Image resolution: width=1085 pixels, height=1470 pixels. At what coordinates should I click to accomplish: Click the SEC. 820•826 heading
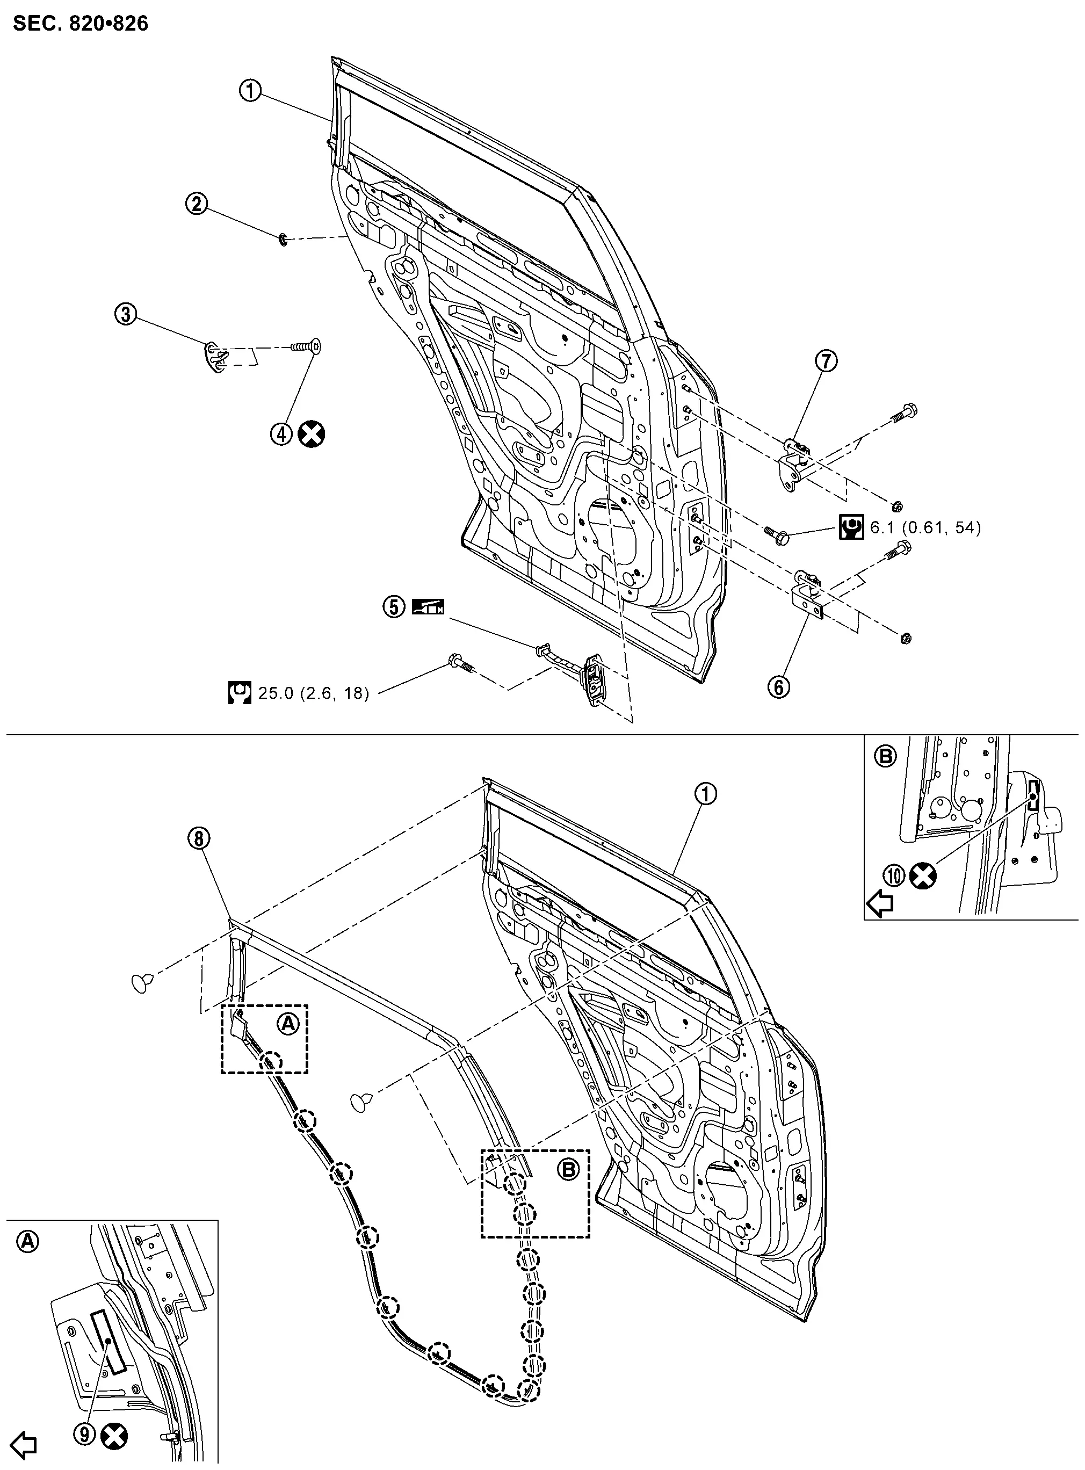pyautogui.click(x=81, y=24)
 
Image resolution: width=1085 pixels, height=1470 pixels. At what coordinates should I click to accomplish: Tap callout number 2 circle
pyautogui.click(x=197, y=204)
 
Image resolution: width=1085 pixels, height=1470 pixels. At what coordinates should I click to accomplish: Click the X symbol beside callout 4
pyautogui.click(x=312, y=434)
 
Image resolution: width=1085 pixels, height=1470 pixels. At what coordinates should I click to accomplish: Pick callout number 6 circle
pyautogui.click(x=779, y=687)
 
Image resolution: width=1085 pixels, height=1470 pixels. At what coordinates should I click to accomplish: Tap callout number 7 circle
pyautogui.click(x=826, y=360)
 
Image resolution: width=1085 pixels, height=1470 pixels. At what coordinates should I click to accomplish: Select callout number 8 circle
pyautogui.click(x=200, y=838)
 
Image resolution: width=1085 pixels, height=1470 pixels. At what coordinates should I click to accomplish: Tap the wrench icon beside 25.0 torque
pyautogui.click(x=240, y=693)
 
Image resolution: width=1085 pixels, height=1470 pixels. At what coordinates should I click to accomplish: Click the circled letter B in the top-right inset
pyautogui.click(x=885, y=756)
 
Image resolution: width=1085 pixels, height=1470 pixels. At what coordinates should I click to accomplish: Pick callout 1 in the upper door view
pyautogui.click(x=250, y=91)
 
